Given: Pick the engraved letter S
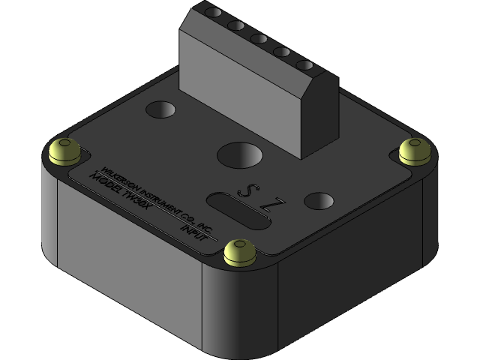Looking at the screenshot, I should coord(244,190).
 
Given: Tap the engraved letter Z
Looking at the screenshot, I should coord(277,203).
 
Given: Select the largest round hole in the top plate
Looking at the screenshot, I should coord(240,155).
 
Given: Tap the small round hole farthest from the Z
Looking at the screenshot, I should coord(160,110).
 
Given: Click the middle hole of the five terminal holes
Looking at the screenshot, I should coord(259,38).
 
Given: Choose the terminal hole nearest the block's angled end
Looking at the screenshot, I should coord(304,65).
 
